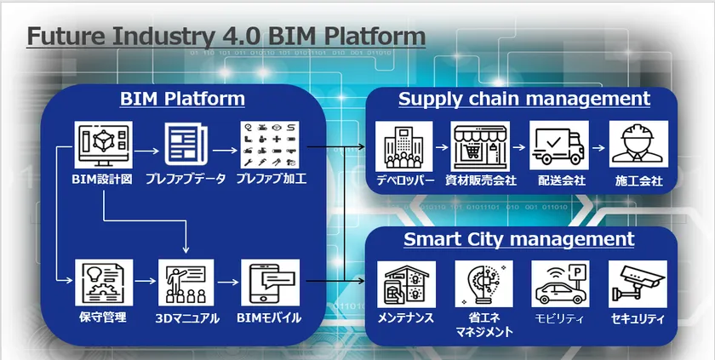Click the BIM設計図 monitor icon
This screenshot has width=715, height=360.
tap(104, 145)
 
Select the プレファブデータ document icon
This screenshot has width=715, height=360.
tap(186, 145)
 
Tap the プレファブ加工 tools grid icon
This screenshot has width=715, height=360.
tap(270, 145)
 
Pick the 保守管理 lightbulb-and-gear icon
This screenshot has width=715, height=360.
tap(104, 283)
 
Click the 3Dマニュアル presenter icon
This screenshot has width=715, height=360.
tap(186, 283)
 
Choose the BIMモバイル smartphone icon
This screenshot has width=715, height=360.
tap(271, 283)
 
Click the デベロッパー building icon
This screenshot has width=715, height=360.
tap(403, 146)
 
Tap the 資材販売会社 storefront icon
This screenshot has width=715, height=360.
tap(480, 146)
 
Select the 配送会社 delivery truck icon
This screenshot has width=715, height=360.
tap(559, 146)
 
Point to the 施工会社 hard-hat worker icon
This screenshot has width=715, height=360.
tap(638, 145)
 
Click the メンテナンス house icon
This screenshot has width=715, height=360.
tap(406, 284)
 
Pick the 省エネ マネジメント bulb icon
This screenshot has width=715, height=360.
tap(483, 284)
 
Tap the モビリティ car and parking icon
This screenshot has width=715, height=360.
tap(560, 284)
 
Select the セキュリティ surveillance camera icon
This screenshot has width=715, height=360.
tap(638, 284)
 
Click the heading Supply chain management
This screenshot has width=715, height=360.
tap(524, 100)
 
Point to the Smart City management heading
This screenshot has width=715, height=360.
tap(519, 240)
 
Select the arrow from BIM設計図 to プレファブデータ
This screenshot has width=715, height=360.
tap(146, 151)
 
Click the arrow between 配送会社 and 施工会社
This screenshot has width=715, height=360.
tap(598, 147)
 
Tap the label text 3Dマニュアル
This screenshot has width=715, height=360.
tap(187, 318)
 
